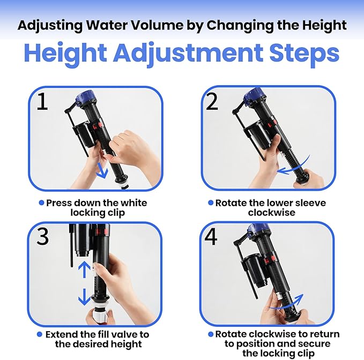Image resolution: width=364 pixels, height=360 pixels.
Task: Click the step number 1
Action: coord(42,101)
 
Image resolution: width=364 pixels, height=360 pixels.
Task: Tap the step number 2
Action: coord(212,101)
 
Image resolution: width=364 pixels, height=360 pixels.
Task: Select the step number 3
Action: coord(43,236)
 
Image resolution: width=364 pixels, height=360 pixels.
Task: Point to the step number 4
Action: coord(211,237)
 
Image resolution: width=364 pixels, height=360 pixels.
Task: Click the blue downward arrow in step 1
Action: coord(102,171)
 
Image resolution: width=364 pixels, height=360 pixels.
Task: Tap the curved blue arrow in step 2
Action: coord(295,168)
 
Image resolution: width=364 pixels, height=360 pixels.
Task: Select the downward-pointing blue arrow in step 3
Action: coord(84,297)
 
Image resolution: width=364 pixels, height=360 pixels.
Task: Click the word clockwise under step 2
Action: coord(272,213)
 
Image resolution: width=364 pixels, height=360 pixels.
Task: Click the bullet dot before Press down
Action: coord(41,203)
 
